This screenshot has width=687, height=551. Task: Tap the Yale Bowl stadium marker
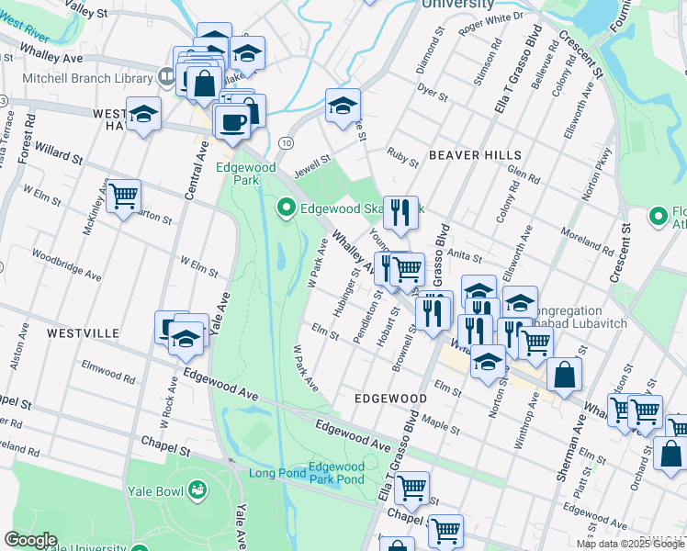(197, 490)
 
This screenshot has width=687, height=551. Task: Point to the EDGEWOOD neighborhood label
(390, 399)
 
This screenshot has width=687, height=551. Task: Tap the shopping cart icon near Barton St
(123, 196)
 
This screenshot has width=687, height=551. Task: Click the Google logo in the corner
(30, 539)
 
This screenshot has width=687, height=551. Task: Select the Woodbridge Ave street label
(67, 263)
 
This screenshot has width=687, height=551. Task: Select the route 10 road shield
(287, 143)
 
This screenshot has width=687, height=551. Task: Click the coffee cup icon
(231, 120)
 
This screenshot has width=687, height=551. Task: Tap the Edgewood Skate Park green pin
(287, 208)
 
